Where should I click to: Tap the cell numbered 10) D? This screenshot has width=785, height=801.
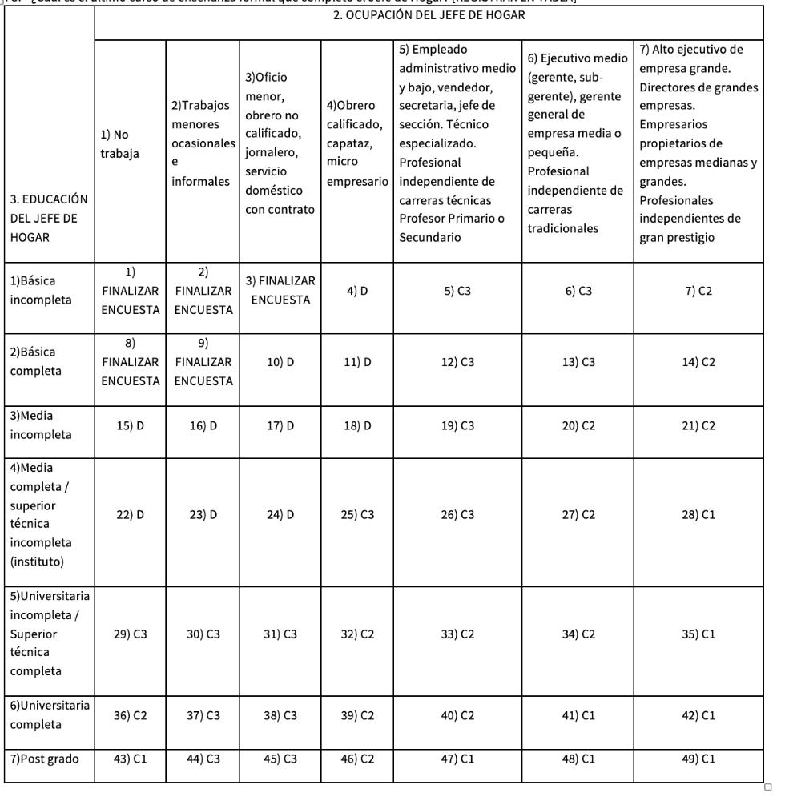pos(280,362)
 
